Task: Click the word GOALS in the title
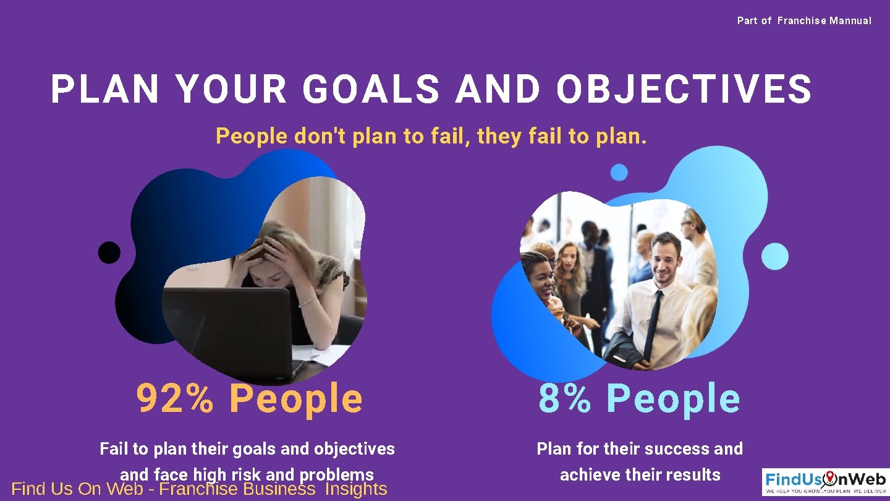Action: (x=371, y=89)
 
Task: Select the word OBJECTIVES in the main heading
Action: (x=684, y=89)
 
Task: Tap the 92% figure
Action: (x=175, y=398)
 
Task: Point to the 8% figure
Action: (x=564, y=398)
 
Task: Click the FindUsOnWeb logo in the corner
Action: (x=825, y=482)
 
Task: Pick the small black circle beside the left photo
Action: (x=109, y=252)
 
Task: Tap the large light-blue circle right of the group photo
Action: (x=774, y=256)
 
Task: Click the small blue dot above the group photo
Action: (x=619, y=173)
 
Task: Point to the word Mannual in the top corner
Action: (x=850, y=21)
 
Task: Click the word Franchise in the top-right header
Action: (x=802, y=21)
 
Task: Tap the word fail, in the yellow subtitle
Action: (x=443, y=136)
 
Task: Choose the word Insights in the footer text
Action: (x=355, y=489)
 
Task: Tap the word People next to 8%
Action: (x=673, y=398)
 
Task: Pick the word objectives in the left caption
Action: (x=354, y=448)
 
